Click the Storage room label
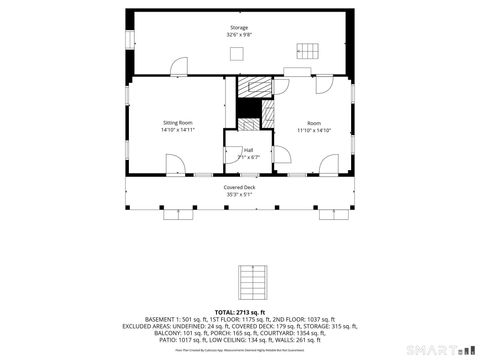point(239,28)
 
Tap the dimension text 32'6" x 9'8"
point(239,35)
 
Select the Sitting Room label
point(177,123)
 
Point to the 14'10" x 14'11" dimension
point(177,130)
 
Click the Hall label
point(247,149)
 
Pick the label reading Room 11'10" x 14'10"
point(313,126)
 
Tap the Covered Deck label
point(239,187)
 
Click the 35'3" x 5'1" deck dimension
point(239,194)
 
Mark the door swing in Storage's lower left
point(177,67)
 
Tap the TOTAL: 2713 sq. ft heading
point(239,311)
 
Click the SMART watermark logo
point(441,350)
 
